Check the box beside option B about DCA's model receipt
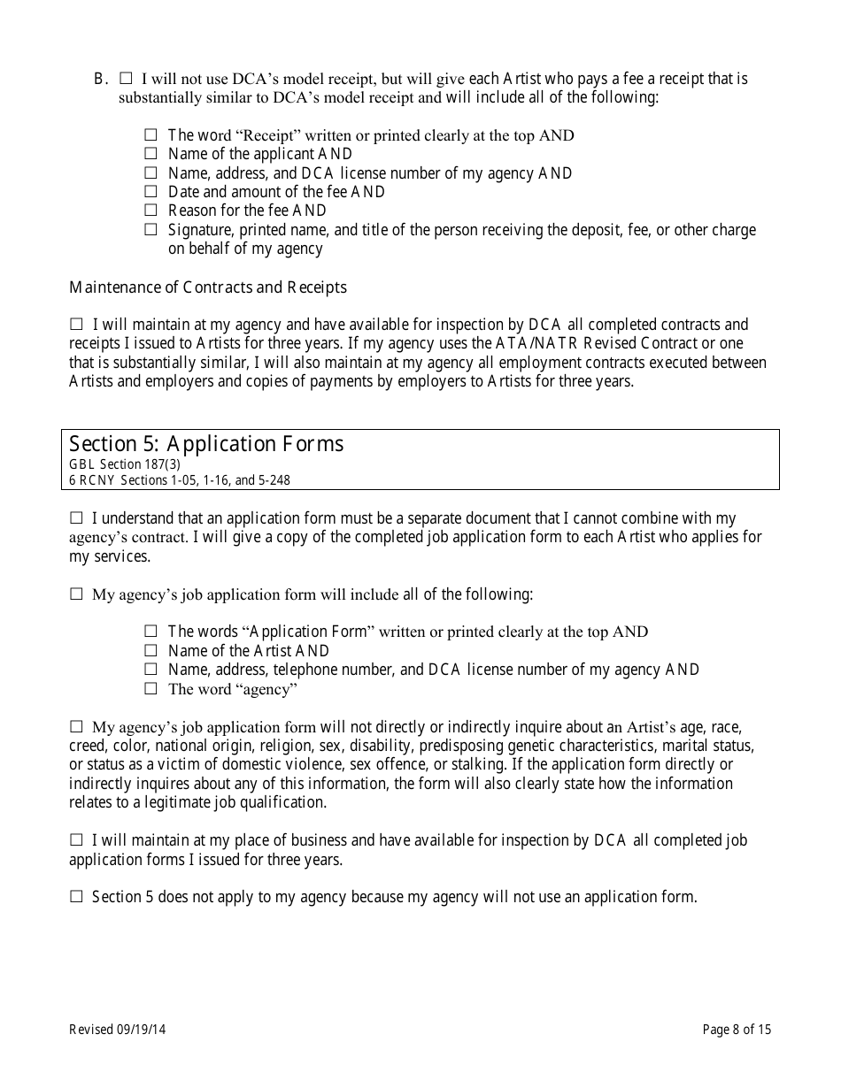126,79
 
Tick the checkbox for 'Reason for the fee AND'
150,211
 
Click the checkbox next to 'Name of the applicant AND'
150,154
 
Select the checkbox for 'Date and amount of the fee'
150,191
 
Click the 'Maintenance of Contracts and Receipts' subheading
208,287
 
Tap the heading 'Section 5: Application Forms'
206,444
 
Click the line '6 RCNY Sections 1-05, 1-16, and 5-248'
180,480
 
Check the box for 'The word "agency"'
150,688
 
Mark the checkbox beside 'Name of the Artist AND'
150,651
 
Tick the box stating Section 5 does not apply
76,897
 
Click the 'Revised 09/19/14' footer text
117,1029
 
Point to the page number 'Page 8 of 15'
737,1029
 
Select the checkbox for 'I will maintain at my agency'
76,325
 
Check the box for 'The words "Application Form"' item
150,632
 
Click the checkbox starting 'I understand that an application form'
76,518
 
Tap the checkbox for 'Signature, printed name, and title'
150,230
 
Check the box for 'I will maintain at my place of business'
76,840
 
